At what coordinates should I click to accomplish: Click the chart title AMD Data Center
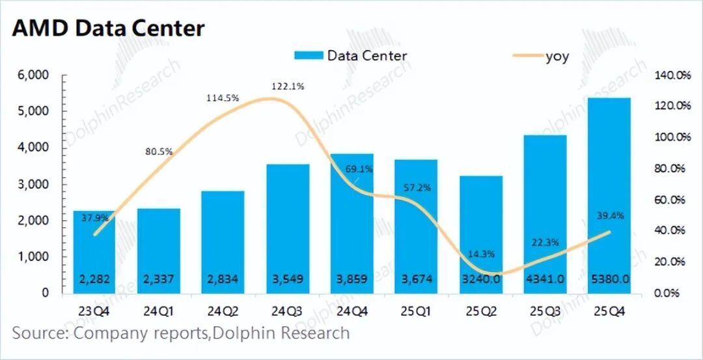pyautogui.click(x=108, y=28)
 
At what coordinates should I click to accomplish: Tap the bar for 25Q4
pyautogui.click(x=609, y=195)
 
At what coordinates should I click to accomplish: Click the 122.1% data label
pyautogui.click(x=288, y=86)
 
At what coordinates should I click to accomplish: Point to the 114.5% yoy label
pyautogui.click(x=223, y=98)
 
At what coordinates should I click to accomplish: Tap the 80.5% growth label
pyautogui.click(x=158, y=151)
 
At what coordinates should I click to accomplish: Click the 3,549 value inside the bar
pyautogui.click(x=288, y=279)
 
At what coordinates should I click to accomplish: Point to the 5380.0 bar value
pyautogui.click(x=609, y=279)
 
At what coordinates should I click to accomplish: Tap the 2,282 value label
pyautogui.click(x=94, y=279)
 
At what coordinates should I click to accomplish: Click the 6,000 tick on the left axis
pyautogui.click(x=32, y=76)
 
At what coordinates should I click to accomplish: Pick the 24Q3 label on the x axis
pyautogui.click(x=288, y=311)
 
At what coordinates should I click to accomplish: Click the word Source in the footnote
pyautogui.click(x=39, y=333)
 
